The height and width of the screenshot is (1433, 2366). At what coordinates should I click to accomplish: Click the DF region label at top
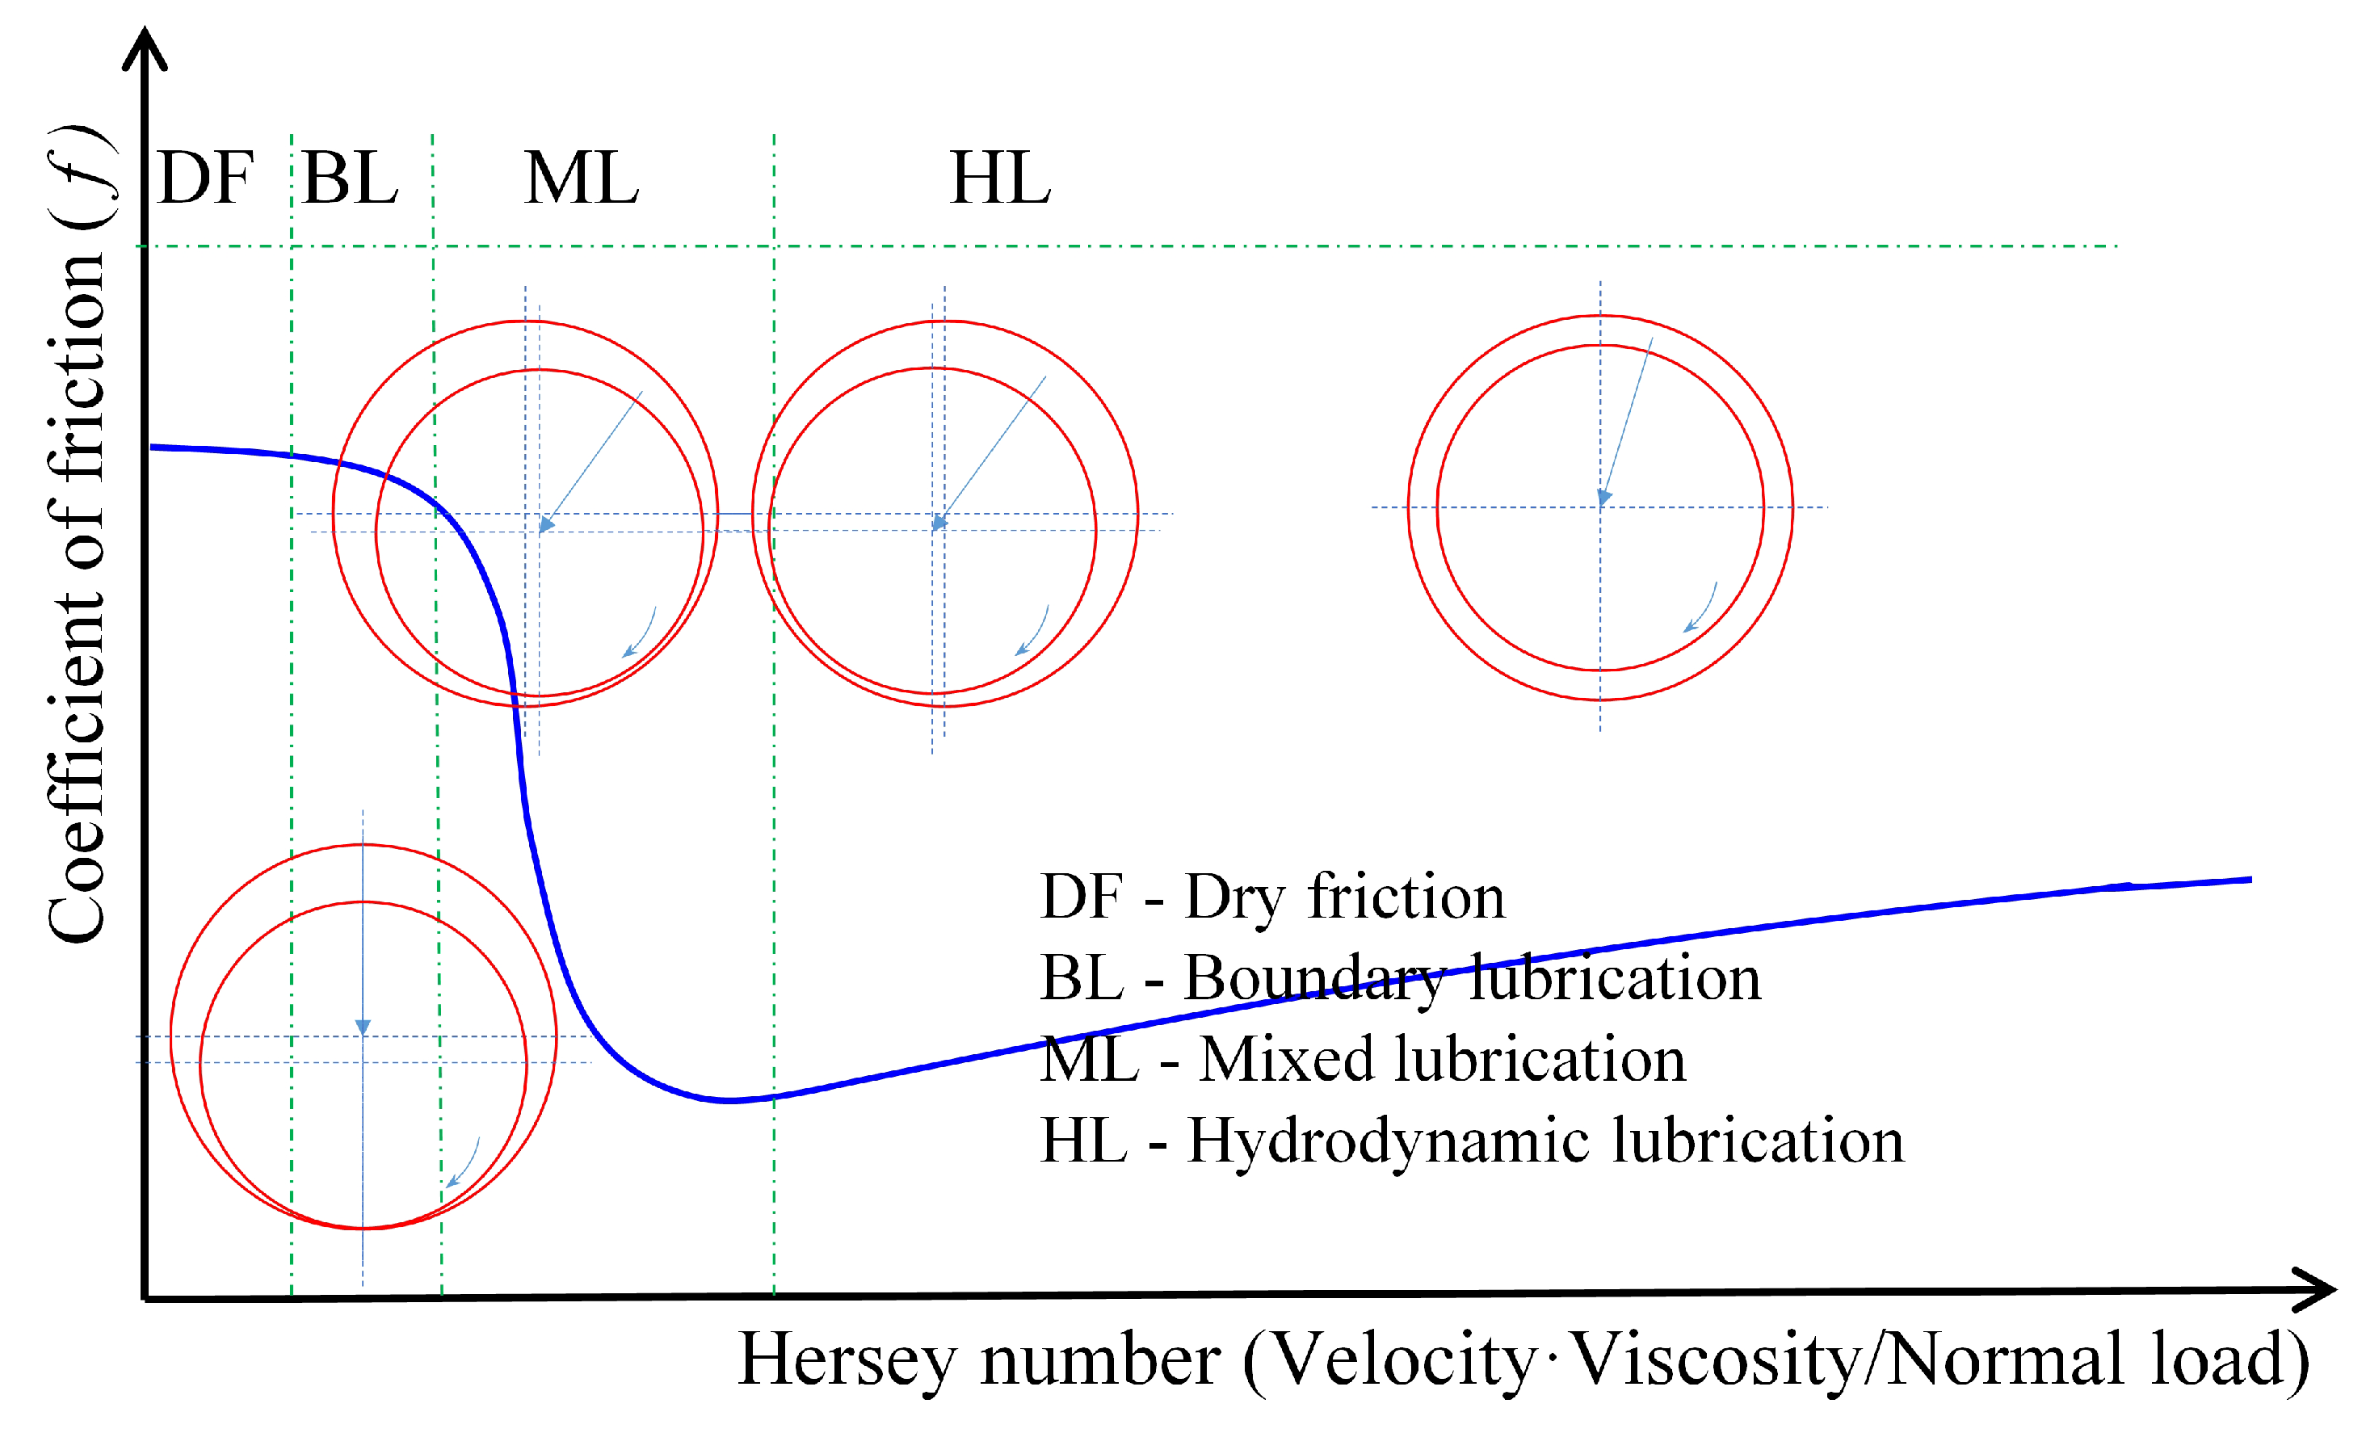click(204, 179)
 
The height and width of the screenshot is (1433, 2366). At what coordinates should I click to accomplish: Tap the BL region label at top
click(350, 179)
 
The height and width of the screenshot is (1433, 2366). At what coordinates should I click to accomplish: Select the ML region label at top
click(581, 179)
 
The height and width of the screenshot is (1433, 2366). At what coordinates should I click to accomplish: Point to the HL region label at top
click(999, 179)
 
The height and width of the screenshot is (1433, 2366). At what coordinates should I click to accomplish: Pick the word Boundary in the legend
click(1313, 980)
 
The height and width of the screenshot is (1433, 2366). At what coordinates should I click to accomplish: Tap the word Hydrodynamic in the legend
click(1393, 1143)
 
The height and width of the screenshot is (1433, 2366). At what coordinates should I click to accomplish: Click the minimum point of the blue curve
click(729, 1099)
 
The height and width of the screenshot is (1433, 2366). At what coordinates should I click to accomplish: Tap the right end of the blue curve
click(2249, 879)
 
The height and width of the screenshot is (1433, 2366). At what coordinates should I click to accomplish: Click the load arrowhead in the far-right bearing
click(1603, 497)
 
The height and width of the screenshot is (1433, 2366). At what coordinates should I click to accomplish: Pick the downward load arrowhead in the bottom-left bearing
click(363, 1027)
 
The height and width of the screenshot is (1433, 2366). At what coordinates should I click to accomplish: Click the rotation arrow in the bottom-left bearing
click(463, 1165)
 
